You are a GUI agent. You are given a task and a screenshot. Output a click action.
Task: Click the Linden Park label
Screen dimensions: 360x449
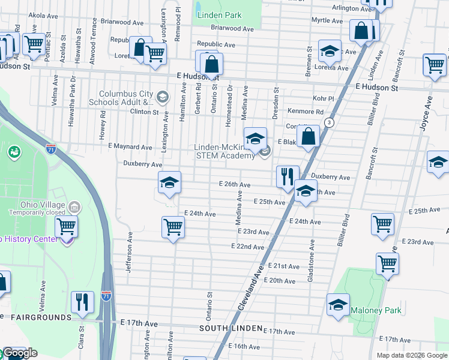tap(221, 15)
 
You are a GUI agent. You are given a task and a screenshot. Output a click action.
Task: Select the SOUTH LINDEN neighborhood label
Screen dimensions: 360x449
tap(231, 329)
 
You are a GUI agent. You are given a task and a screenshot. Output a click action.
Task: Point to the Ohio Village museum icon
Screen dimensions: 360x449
tap(75, 208)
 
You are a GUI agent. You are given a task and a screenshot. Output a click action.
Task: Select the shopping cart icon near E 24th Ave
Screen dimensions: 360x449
tap(173, 227)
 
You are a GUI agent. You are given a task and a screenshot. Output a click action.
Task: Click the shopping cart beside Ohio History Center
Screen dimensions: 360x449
tap(66, 226)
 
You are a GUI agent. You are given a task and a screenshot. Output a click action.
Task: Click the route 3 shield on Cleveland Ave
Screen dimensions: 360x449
tap(329, 122)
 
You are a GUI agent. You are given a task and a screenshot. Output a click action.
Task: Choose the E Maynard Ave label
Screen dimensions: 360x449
tap(130, 146)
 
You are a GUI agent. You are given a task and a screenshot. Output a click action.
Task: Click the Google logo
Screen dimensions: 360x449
tap(20, 353)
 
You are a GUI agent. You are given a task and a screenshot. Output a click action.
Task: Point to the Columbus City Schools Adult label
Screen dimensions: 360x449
tap(126, 98)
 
